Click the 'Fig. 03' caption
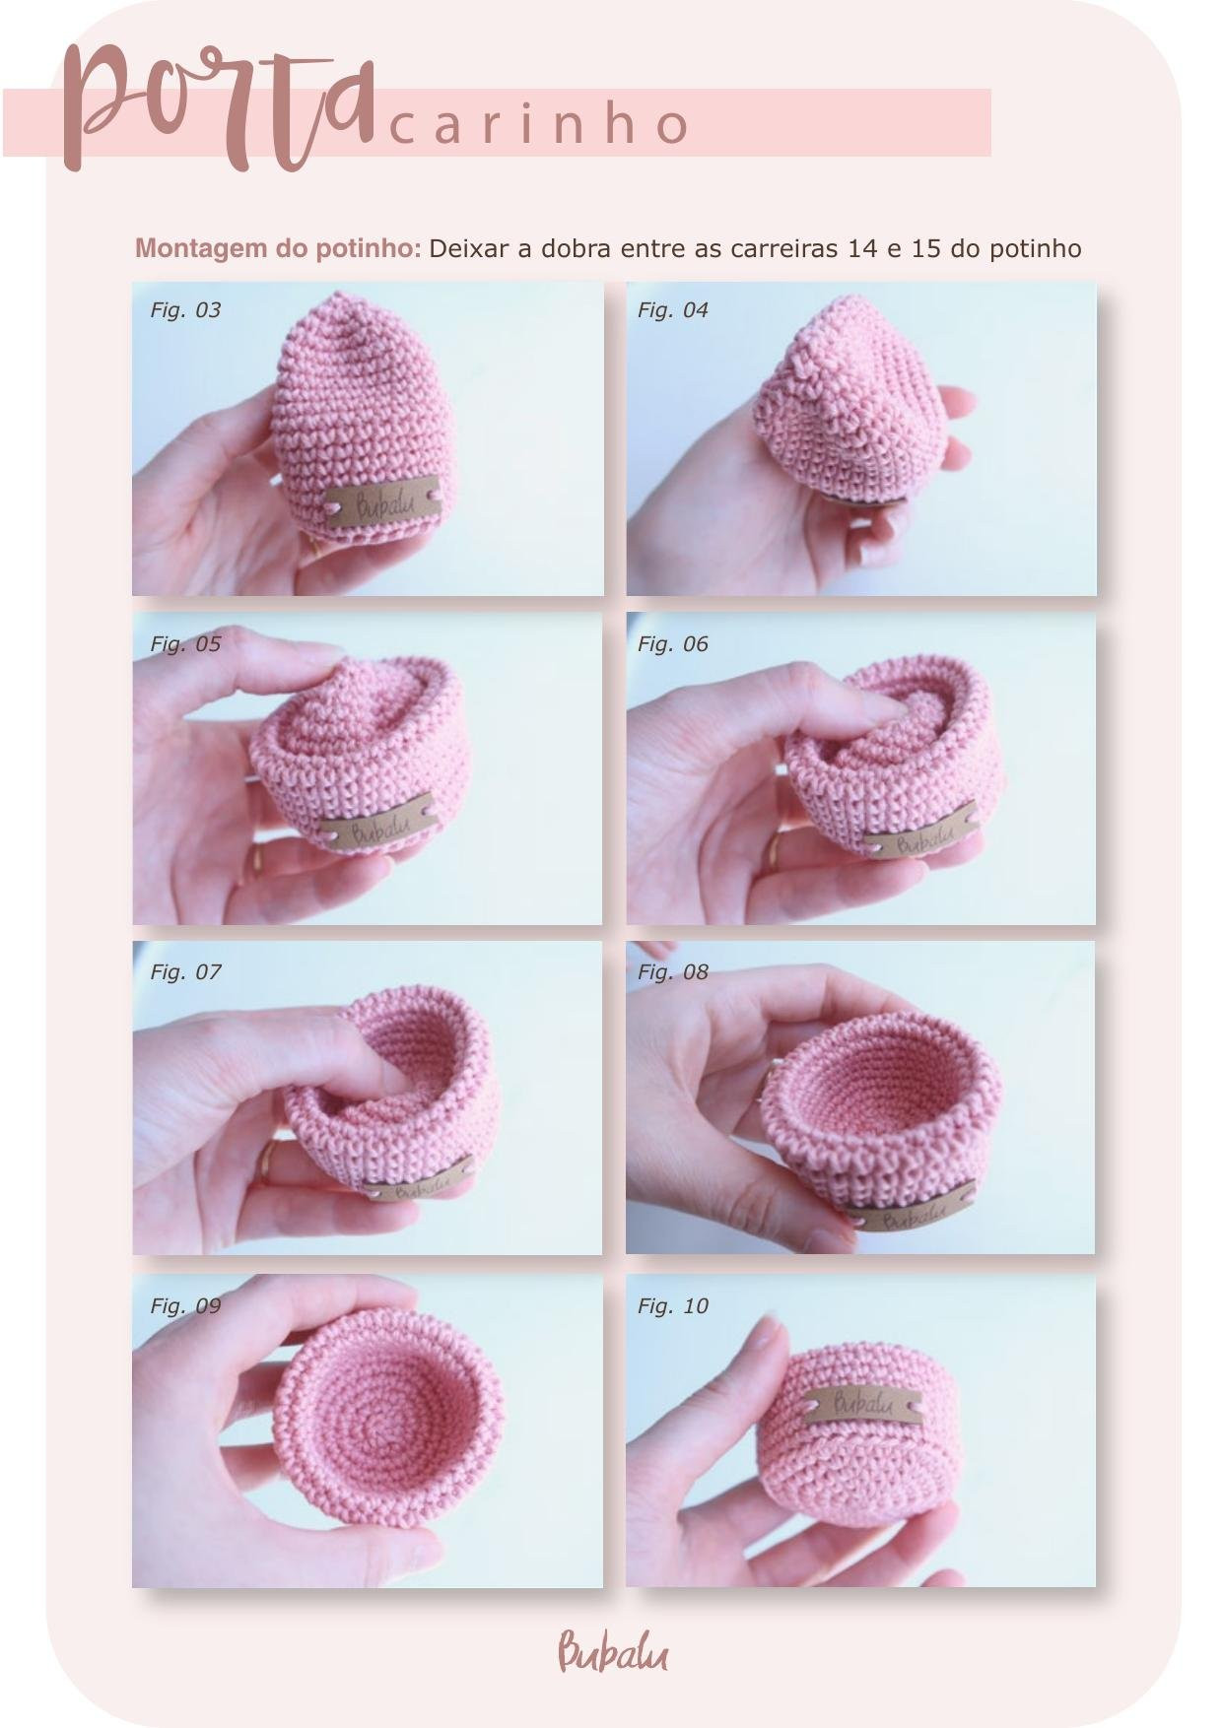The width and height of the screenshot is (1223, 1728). (185, 309)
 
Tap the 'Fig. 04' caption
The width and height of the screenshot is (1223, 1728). (673, 309)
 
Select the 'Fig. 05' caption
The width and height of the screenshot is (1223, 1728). (185, 643)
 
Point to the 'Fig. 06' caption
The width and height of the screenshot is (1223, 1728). (673, 643)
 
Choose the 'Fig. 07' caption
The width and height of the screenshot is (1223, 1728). (185, 971)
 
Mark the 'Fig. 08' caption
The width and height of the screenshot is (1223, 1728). (673, 971)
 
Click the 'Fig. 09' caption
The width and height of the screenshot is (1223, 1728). (185, 1305)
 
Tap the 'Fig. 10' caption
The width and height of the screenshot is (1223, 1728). (673, 1305)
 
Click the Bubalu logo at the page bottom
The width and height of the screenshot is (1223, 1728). (612, 1651)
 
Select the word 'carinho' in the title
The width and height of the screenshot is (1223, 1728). (540, 124)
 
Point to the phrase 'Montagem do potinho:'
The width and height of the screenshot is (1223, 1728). (278, 248)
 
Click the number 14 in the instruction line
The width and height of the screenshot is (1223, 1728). (862, 248)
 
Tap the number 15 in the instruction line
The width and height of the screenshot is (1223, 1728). (926, 248)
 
